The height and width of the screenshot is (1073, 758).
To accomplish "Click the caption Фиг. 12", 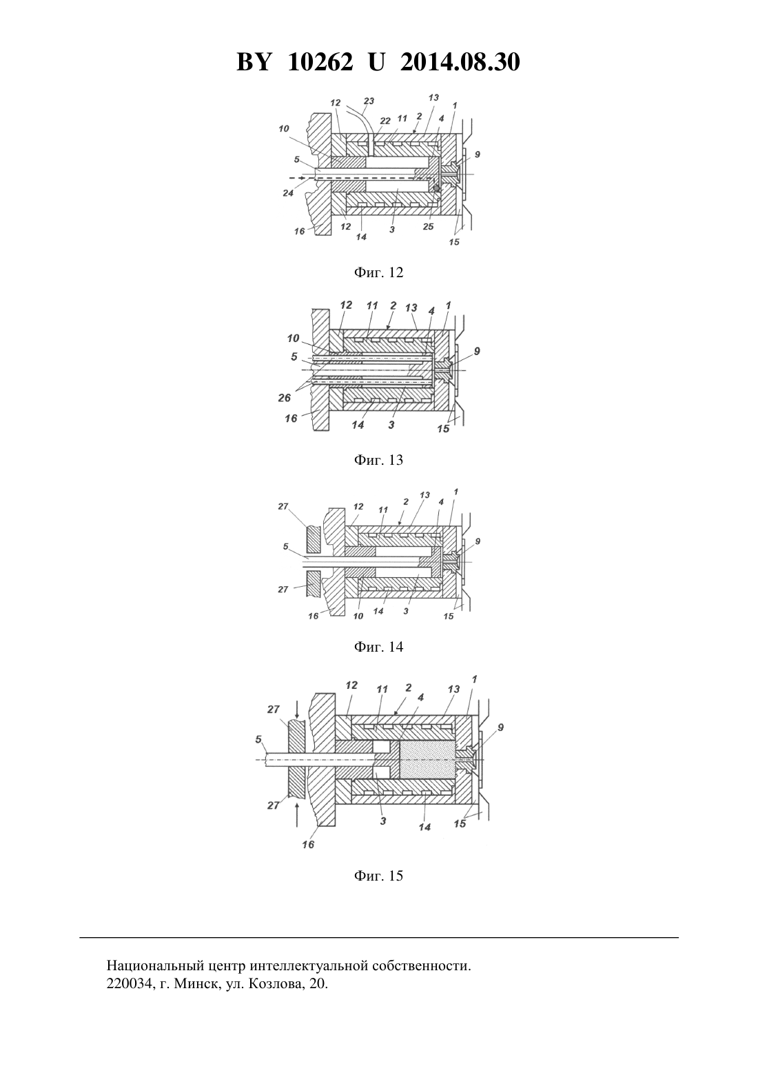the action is pyautogui.click(x=378, y=272).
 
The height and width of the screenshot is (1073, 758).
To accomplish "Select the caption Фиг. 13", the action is pyautogui.click(x=378, y=460).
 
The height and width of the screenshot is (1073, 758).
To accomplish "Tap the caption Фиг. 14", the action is pyautogui.click(x=378, y=647).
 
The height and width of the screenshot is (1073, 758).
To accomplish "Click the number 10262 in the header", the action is pyautogui.click(x=320, y=62).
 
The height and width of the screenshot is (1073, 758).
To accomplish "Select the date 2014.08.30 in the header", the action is pyautogui.click(x=460, y=62).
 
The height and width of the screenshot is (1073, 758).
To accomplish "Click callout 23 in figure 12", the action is pyautogui.click(x=369, y=101).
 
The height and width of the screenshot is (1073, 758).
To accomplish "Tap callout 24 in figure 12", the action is pyautogui.click(x=287, y=194).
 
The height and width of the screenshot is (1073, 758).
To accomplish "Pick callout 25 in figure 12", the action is pyautogui.click(x=429, y=227).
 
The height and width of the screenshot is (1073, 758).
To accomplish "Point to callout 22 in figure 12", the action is pyautogui.click(x=385, y=121).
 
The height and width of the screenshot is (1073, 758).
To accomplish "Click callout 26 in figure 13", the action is pyautogui.click(x=284, y=398).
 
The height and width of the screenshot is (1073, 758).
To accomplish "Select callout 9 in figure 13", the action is pyautogui.click(x=477, y=352).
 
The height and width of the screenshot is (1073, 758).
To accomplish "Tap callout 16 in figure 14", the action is pyautogui.click(x=313, y=616).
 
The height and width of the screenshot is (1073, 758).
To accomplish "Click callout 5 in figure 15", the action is pyautogui.click(x=258, y=739).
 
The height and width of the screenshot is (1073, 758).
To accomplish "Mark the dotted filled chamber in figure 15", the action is pyautogui.click(x=427, y=759).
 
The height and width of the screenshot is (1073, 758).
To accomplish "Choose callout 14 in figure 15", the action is pyautogui.click(x=424, y=828).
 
